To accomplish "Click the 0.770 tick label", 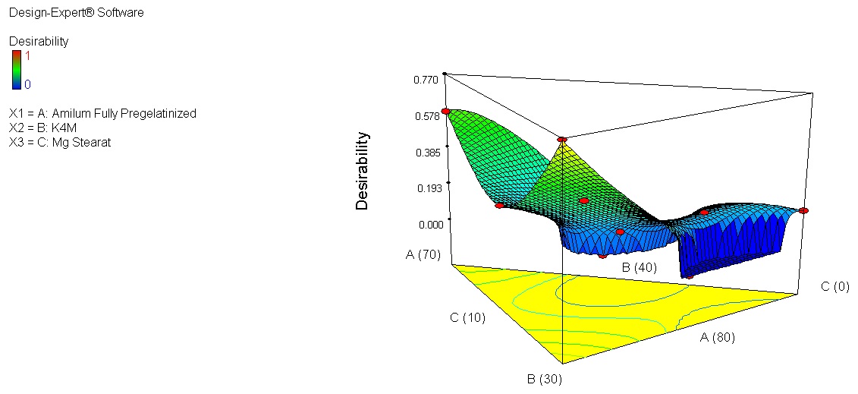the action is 427,80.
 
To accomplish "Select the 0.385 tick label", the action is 427,153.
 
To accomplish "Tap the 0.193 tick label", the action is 427,189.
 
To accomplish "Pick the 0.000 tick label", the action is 427,225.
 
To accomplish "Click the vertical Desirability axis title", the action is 362,171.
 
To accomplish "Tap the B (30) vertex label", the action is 544,379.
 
